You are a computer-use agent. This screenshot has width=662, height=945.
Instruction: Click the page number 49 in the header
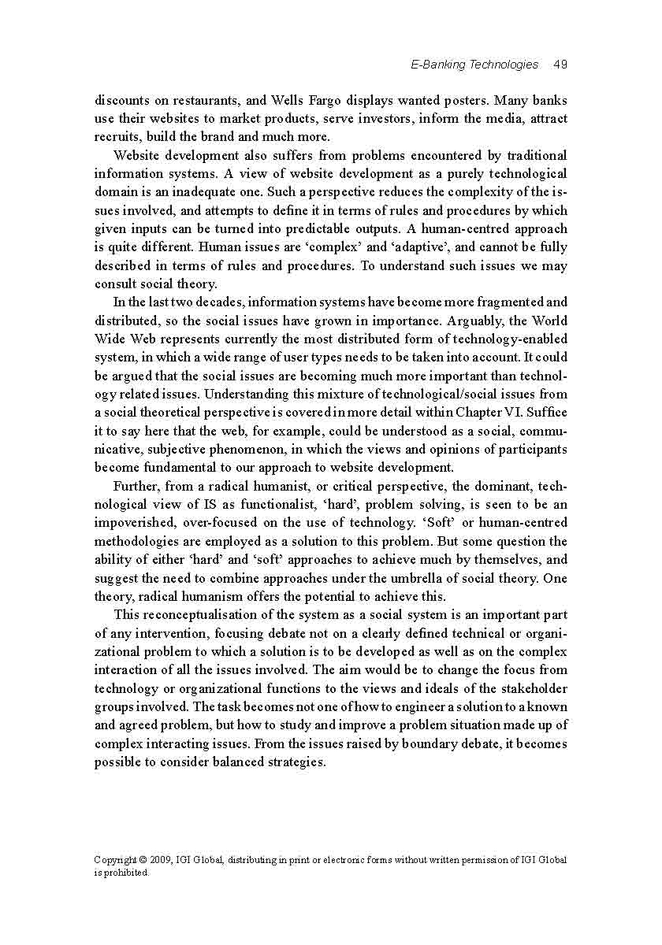560,65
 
